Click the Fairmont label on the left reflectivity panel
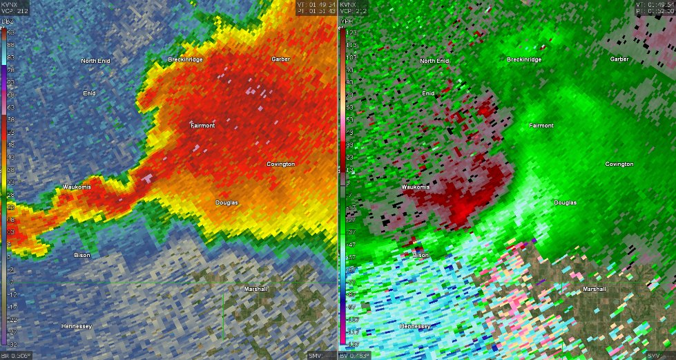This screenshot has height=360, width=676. coord(203,126)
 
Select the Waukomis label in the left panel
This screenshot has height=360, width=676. coord(77,187)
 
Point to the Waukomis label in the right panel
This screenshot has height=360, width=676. coord(415,187)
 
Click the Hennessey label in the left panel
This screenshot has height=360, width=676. coord(77,325)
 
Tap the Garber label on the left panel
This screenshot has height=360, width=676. coord(281,59)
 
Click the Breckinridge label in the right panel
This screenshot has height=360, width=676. coord(524,59)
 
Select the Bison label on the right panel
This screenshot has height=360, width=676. coord(421,255)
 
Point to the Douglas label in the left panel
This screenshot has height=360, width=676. coord(226,202)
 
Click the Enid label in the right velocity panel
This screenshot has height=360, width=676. coord(428,93)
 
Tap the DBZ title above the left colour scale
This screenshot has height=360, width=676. coord(8,23)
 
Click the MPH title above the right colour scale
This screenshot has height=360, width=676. coord(347,23)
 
